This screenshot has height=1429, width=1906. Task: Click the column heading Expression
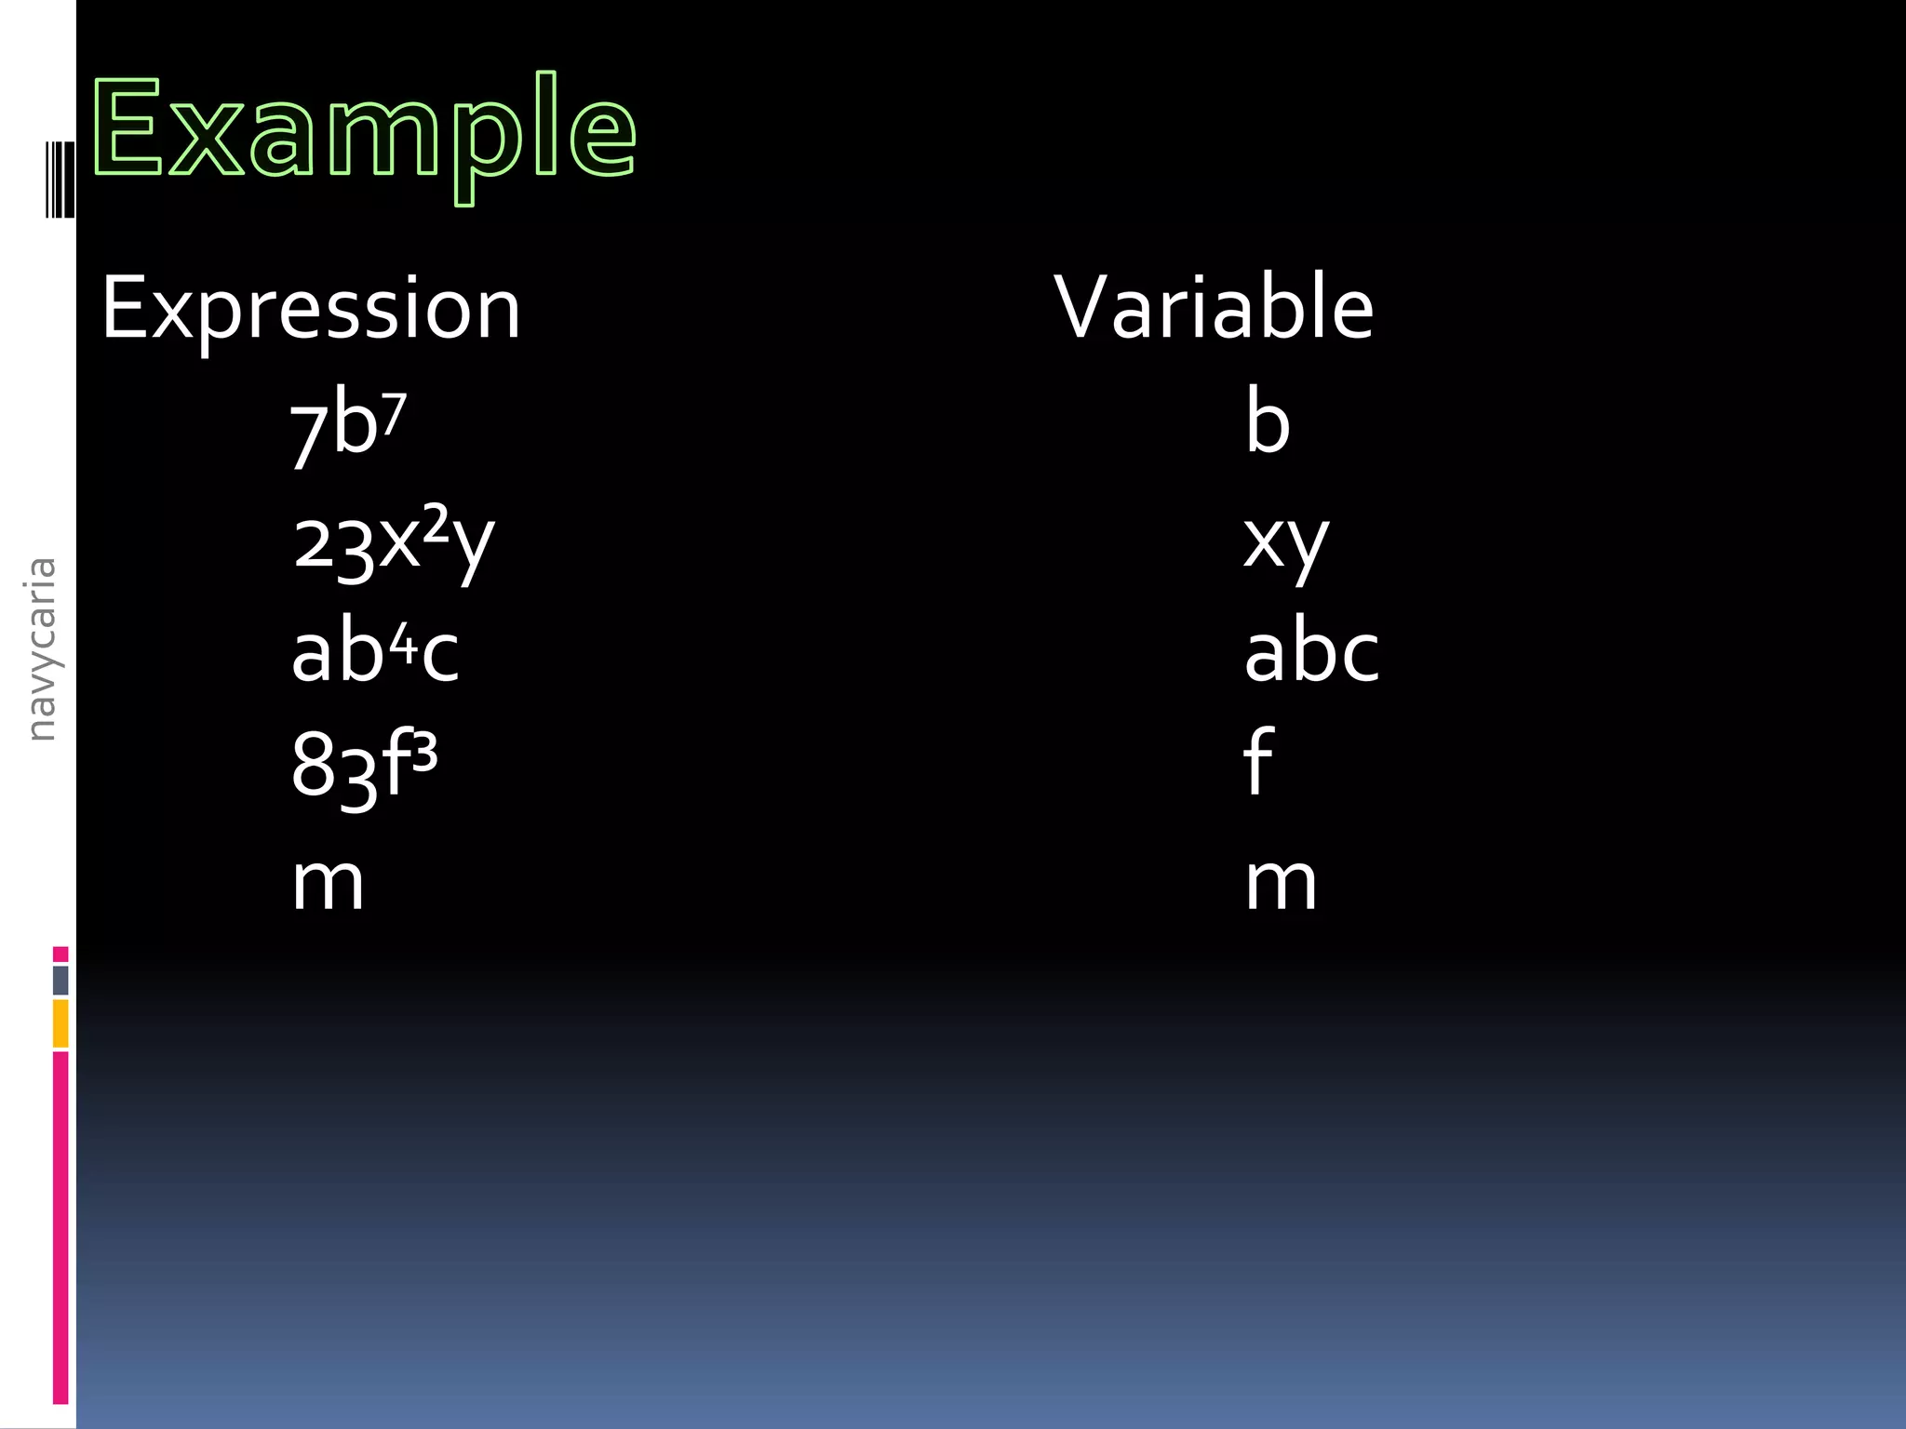[x=310, y=308]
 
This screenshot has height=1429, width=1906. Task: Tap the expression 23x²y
[x=393, y=541]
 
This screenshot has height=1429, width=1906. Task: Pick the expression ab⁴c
[x=374, y=653]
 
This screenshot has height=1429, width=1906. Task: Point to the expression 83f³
[x=364, y=766]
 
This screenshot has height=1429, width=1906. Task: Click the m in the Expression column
[x=328, y=882]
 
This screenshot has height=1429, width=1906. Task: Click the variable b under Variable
[x=1268, y=423]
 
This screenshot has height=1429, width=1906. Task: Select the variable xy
[x=1286, y=541]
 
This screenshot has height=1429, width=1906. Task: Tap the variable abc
[x=1311, y=653]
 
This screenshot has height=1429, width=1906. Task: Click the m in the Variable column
[x=1282, y=882]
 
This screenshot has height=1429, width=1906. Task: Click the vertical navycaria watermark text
[x=42, y=648]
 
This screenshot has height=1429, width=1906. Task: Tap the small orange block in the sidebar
[x=60, y=1022]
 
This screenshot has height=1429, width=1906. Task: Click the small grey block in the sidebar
[x=60, y=980]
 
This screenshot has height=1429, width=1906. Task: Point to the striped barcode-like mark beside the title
[x=60, y=179]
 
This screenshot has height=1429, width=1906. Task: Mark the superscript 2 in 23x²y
[x=436, y=523]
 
